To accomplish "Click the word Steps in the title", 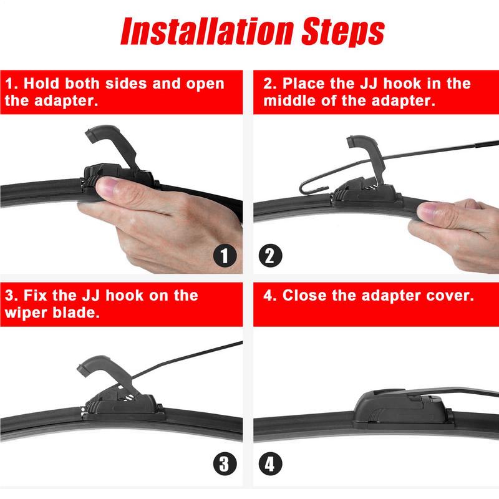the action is (x=343, y=32).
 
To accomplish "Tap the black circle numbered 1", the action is (x=225, y=256).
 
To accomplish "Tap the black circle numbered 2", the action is (x=271, y=256).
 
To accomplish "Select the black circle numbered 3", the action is (x=225, y=463).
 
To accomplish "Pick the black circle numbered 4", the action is (x=271, y=463).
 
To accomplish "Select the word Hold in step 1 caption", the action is (x=42, y=84).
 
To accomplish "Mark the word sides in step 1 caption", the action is (x=127, y=84).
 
